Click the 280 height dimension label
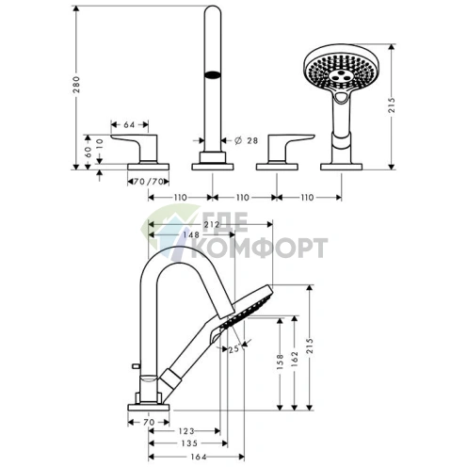coord(76,85)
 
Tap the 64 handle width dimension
coord(129,125)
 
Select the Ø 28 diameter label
coord(247,140)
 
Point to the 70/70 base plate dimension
coord(149,182)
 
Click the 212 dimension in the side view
coord(211,224)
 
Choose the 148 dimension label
coord(191,234)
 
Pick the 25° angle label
coord(234,349)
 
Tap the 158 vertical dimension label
coord(281,362)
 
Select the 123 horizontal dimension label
coord(186,431)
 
